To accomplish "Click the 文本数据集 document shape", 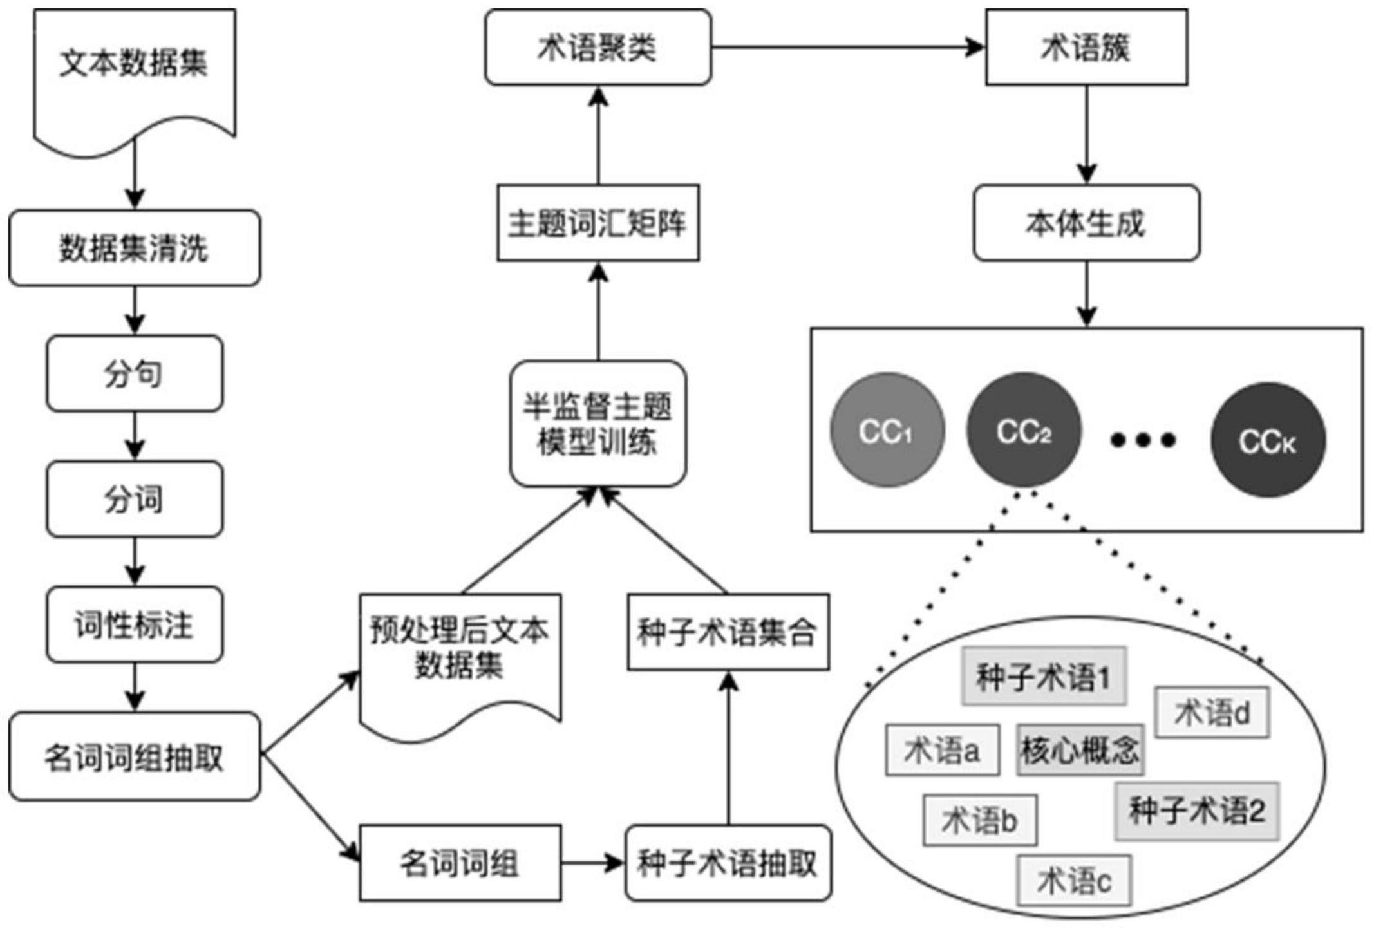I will [135, 71].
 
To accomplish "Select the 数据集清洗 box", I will [135, 248].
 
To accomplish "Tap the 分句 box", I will [135, 373].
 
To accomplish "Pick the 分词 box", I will [135, 499].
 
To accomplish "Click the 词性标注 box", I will [135, 624].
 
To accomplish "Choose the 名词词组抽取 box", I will [135, 756].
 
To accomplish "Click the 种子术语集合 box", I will [728, 632].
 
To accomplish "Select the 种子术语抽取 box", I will [728, 863].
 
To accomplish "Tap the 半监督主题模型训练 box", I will [598, 424].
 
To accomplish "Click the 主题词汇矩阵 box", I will [598, 223].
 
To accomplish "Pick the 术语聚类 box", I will [598, 47].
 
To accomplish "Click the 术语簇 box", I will [1086, 47].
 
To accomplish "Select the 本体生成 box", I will [1086, 223].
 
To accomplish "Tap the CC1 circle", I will [887, 430].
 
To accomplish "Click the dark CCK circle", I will [1268, 440].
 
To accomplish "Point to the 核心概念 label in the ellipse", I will [1080, 750].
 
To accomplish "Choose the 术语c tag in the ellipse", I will [1074, 881].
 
